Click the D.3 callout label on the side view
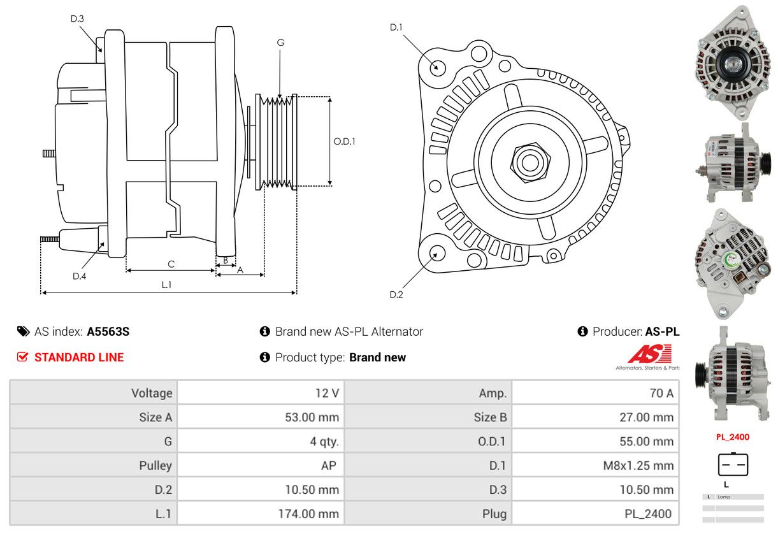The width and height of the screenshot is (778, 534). tap(77, 18)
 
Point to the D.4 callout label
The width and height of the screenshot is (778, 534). tap(79, 276)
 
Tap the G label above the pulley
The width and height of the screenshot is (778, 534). tap(280, 43)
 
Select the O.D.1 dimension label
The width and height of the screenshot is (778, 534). tap(344, 141)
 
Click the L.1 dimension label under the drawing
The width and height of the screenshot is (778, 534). tap(166, 285)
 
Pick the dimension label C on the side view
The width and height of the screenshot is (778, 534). tap(171, 264)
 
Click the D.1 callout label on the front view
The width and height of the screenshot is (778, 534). tap(396, 27)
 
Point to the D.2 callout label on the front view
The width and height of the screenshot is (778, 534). tap(396, 294)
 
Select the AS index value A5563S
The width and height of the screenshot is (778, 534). tap(108, 331)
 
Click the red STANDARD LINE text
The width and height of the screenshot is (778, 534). tap(79, 357)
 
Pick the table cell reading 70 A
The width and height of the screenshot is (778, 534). tap(661, 393)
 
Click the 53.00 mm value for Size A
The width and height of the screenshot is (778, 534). tap(312, 417)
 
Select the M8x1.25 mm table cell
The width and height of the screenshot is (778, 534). tap(638, 465)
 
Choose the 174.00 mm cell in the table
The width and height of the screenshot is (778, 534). tap(308, 514)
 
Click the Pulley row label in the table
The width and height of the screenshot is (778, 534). tap(155, 465)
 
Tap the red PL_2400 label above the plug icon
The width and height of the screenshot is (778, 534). tap(732, 437)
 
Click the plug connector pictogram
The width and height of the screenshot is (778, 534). tap(733, 465)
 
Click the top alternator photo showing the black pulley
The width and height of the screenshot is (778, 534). tap(733, 62)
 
